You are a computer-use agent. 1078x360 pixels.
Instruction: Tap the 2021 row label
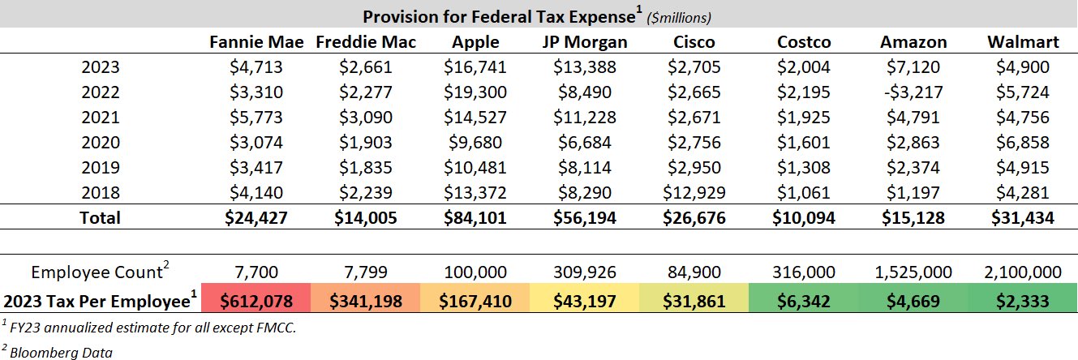[x=101, y=118]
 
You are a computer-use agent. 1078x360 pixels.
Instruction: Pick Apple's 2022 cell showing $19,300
[x=477, y=92]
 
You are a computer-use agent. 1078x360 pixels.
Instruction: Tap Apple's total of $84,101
[x=477, y=218]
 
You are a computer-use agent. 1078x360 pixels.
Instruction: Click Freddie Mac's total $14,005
[x=365, y=218]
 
